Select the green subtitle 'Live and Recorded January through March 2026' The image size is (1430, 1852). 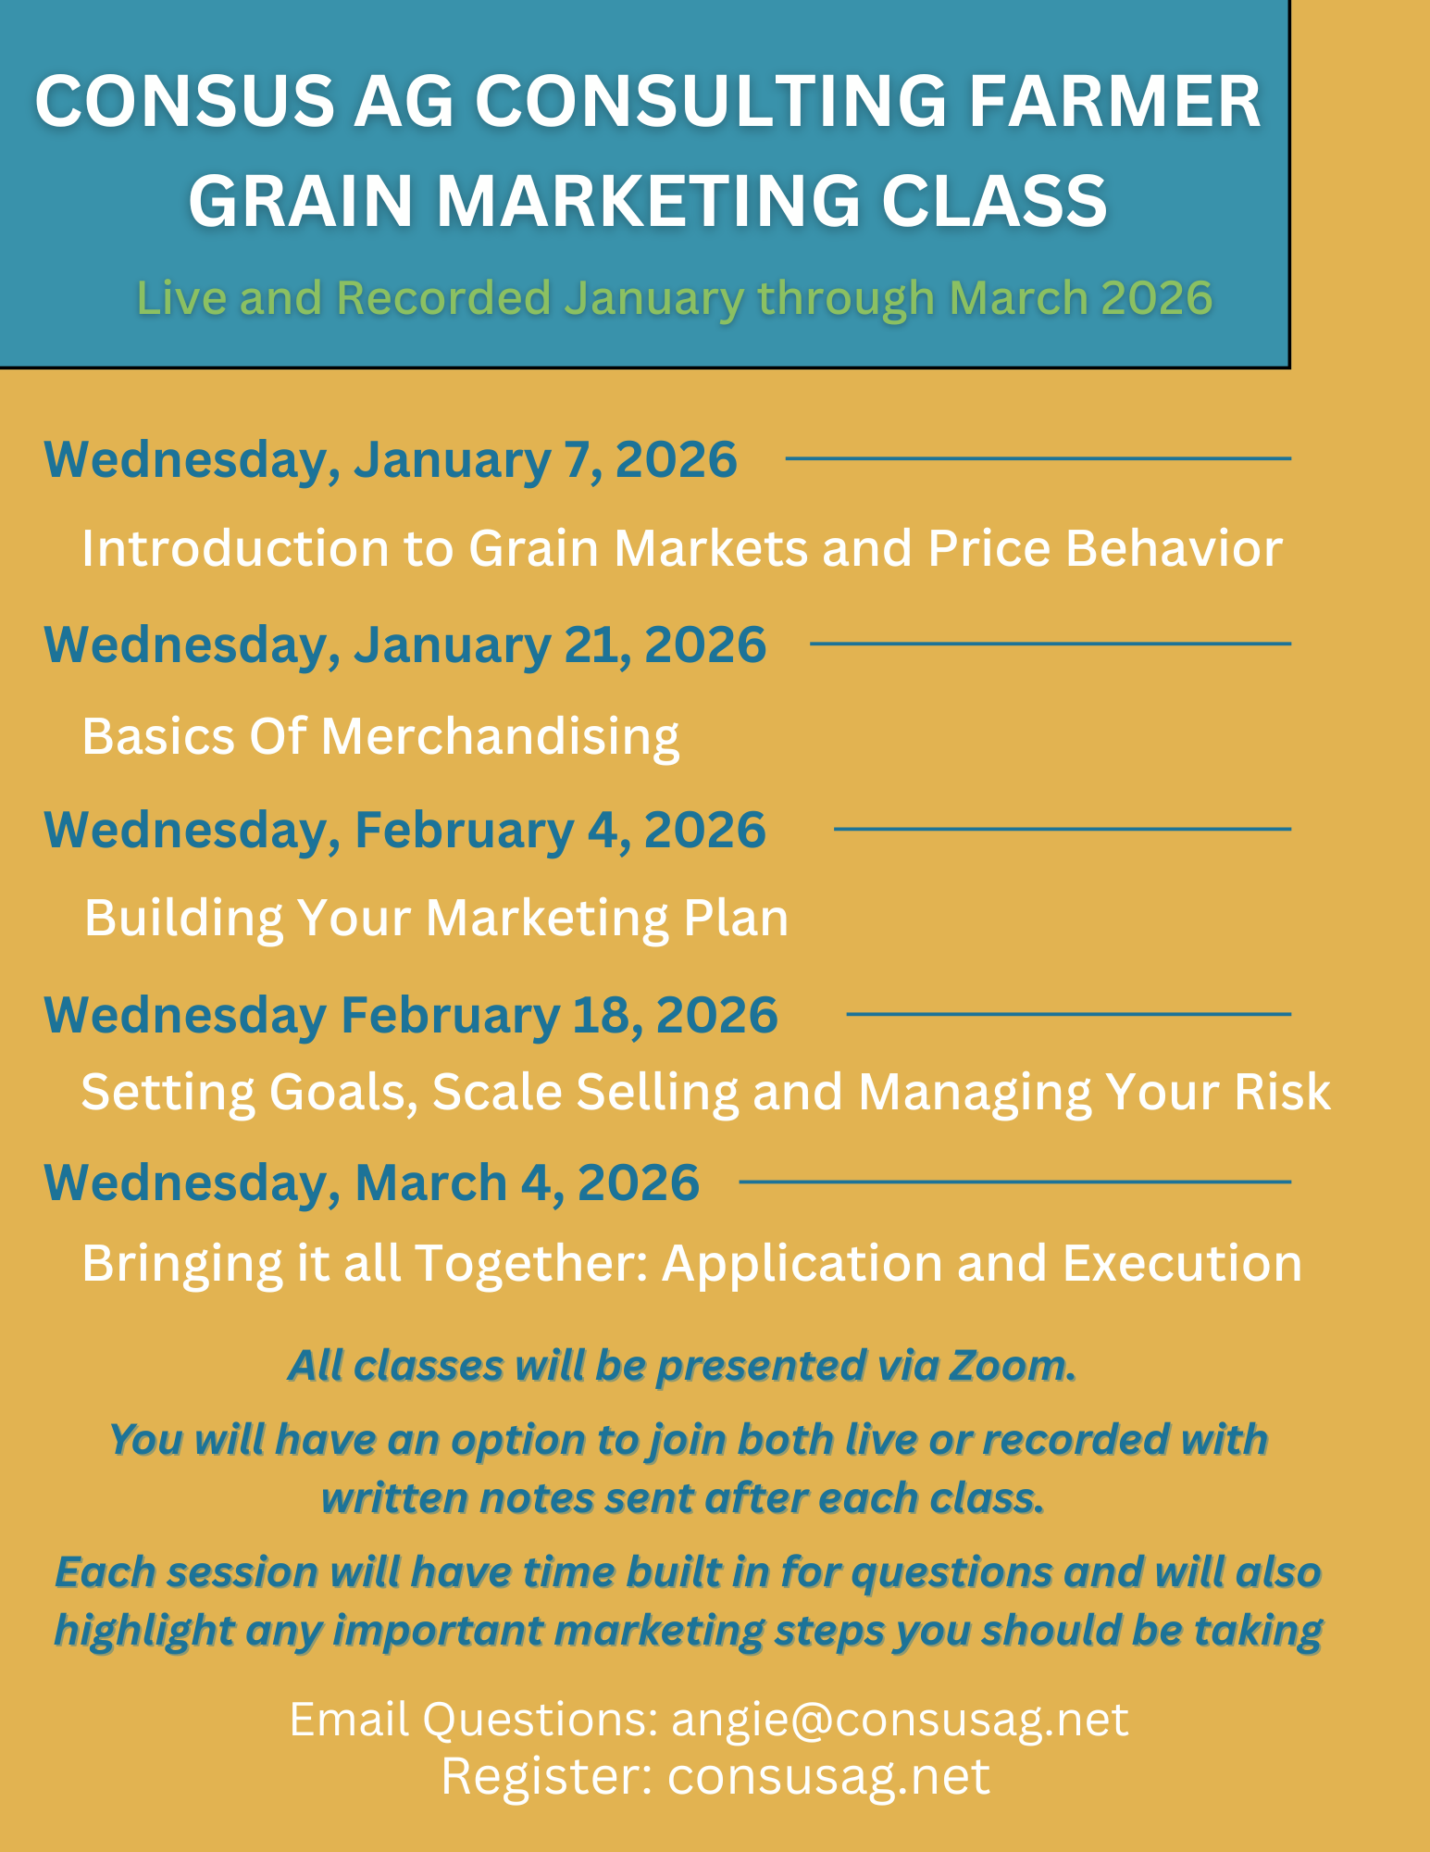point(674,298)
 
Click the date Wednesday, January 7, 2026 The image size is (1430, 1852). point(391,459)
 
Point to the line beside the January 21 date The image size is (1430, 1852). point(1050,644)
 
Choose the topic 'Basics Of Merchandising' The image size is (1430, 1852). point(380,736)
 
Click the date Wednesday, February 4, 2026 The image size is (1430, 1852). point(404,829)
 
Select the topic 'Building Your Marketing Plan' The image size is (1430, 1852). point(436,918)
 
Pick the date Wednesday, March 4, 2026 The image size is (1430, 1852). point(371,1183)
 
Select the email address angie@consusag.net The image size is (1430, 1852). point(899,1720)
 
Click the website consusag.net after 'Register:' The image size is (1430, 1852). point(828,1776)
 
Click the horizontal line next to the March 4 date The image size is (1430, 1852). point(1014,1183)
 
